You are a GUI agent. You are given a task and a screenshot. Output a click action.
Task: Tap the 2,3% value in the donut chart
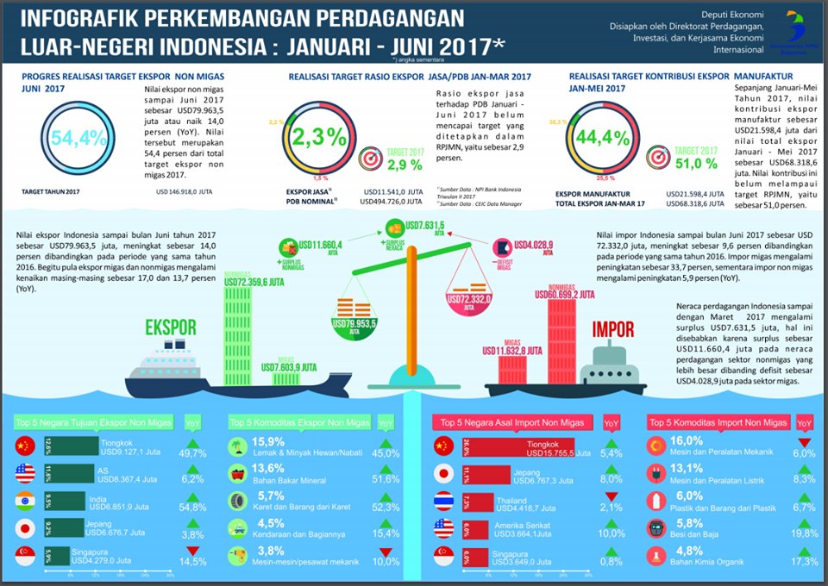coord(318,138)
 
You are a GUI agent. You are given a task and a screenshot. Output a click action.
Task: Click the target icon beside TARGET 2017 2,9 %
coord(367,159)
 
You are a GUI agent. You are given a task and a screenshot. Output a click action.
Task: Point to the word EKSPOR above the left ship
coord(171,328)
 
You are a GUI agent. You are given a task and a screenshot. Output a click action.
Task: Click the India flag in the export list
coord(26,501)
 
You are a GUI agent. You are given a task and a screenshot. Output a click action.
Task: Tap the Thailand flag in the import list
coord(444,501)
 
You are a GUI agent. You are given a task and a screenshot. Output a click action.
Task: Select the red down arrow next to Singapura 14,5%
coord(193,551)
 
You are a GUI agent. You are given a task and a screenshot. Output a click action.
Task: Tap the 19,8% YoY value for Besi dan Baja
coord(804,533)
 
